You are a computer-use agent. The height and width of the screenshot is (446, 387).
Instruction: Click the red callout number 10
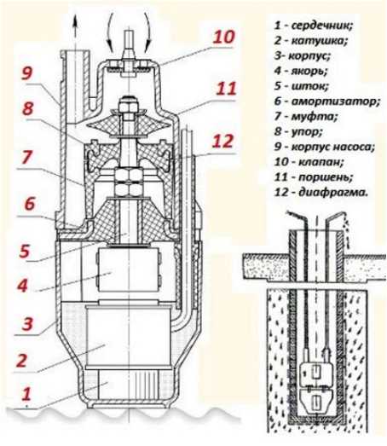click(x=224, y=37)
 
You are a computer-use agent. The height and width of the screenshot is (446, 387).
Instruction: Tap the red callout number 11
click(x=226, y=89)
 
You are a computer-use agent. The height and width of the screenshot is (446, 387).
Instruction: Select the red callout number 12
click(x=223, y=141)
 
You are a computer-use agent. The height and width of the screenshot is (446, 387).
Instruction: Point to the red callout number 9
click(x=27, y=73)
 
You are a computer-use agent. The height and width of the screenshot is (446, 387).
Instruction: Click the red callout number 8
click(x=28, y=108)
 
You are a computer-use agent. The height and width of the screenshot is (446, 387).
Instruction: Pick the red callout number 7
click(x=26, y=157)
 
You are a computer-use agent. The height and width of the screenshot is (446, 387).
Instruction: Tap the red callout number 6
click(x=30, y=203)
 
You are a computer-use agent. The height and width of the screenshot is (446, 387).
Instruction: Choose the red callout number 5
click(x=25, y=251)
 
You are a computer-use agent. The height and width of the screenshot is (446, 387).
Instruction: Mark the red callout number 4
click(x=23, y=286)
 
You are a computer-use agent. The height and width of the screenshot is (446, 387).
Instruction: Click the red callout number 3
click(x=27, y=323)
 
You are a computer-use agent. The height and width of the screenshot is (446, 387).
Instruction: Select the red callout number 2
click(x=21, y=360)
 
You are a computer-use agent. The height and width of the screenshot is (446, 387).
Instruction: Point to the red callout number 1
click(x=26, y=394)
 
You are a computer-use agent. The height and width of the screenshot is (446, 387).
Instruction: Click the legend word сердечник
click(x=322, y=26)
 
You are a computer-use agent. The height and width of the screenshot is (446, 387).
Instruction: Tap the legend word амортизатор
click(x=336, y=101)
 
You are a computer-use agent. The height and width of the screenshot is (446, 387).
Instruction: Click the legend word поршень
click(x=326, y=177)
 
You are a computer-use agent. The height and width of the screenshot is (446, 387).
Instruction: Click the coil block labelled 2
click(x=129, y=337)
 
